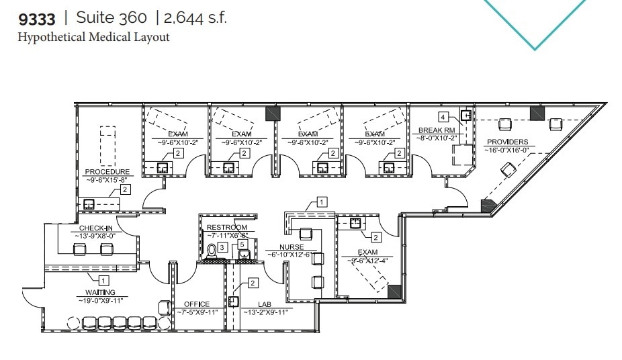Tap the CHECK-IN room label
tap(95, 228)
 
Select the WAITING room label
tap(100, 292)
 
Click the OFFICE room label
tap(193, 304)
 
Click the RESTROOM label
tap(226, 228)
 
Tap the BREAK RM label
tap(437, 130)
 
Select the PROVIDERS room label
tap(507, 142)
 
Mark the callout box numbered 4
tap(443, 118)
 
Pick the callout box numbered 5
tap(242, 244)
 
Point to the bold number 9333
tap(36, 18)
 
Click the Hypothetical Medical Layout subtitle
tap(93, 37)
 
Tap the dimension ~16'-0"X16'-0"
tap(507, 150)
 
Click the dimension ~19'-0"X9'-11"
tap(100, 300)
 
